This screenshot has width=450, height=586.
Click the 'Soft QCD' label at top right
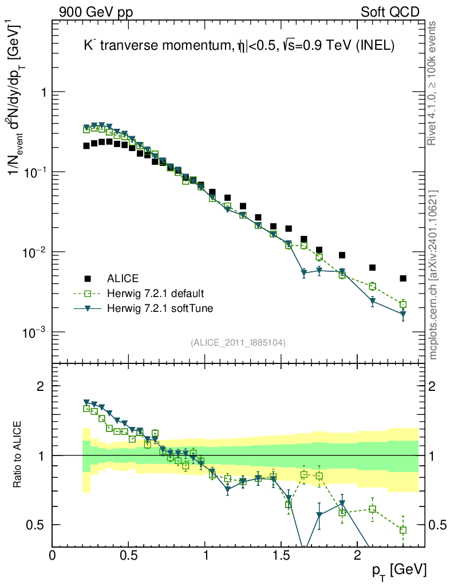pyautogui.click(x=390, y=12)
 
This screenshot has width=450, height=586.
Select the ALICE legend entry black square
pyautogui.click(x=88, y=279)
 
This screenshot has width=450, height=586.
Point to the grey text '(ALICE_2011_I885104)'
pyautogui.click(x=238, y=342)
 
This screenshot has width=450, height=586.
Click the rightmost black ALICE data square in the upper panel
pyautogui.click(x=403, y=279)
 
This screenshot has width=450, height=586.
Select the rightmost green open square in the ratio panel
pyautogui.click(x=403, y=530)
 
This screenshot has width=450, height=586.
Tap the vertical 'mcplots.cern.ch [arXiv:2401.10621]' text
pyautogui.click(x=433, y=275)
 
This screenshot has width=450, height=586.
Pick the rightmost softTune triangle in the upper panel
pyautogui.click(x=403, y=314)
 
